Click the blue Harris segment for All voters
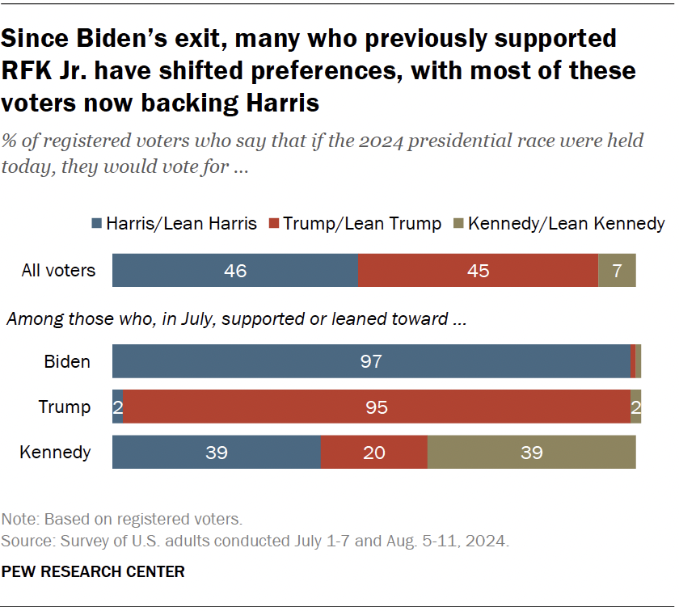tap(234, 270)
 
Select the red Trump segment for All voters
tap(478, 270)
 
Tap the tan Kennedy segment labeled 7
tap(617, 270)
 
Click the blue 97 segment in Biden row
tap(371, 361)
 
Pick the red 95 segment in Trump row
tap(376, 407)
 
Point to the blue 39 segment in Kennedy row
tap(216, 452)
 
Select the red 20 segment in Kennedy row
tap(373, 452)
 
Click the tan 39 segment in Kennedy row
tap(531, 452)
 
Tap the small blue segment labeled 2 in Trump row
tap(117, 407)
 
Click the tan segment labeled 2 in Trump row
tap(635, 407)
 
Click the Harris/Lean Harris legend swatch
tap(97, 224)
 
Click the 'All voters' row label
tap(58, 270)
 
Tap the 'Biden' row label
tap(67, 361)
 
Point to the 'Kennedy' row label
tap(55, 452)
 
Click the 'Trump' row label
tap(65, 407)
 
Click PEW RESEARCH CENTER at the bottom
tap(93, 571)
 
